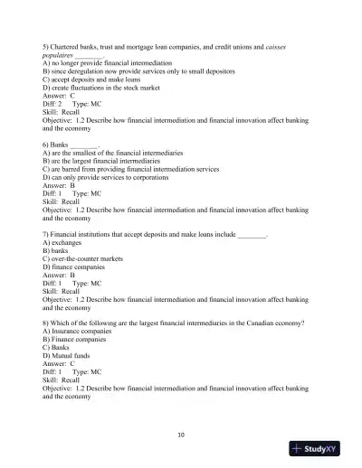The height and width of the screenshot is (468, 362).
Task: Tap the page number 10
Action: pyautogui.click(x=181, y=434)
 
